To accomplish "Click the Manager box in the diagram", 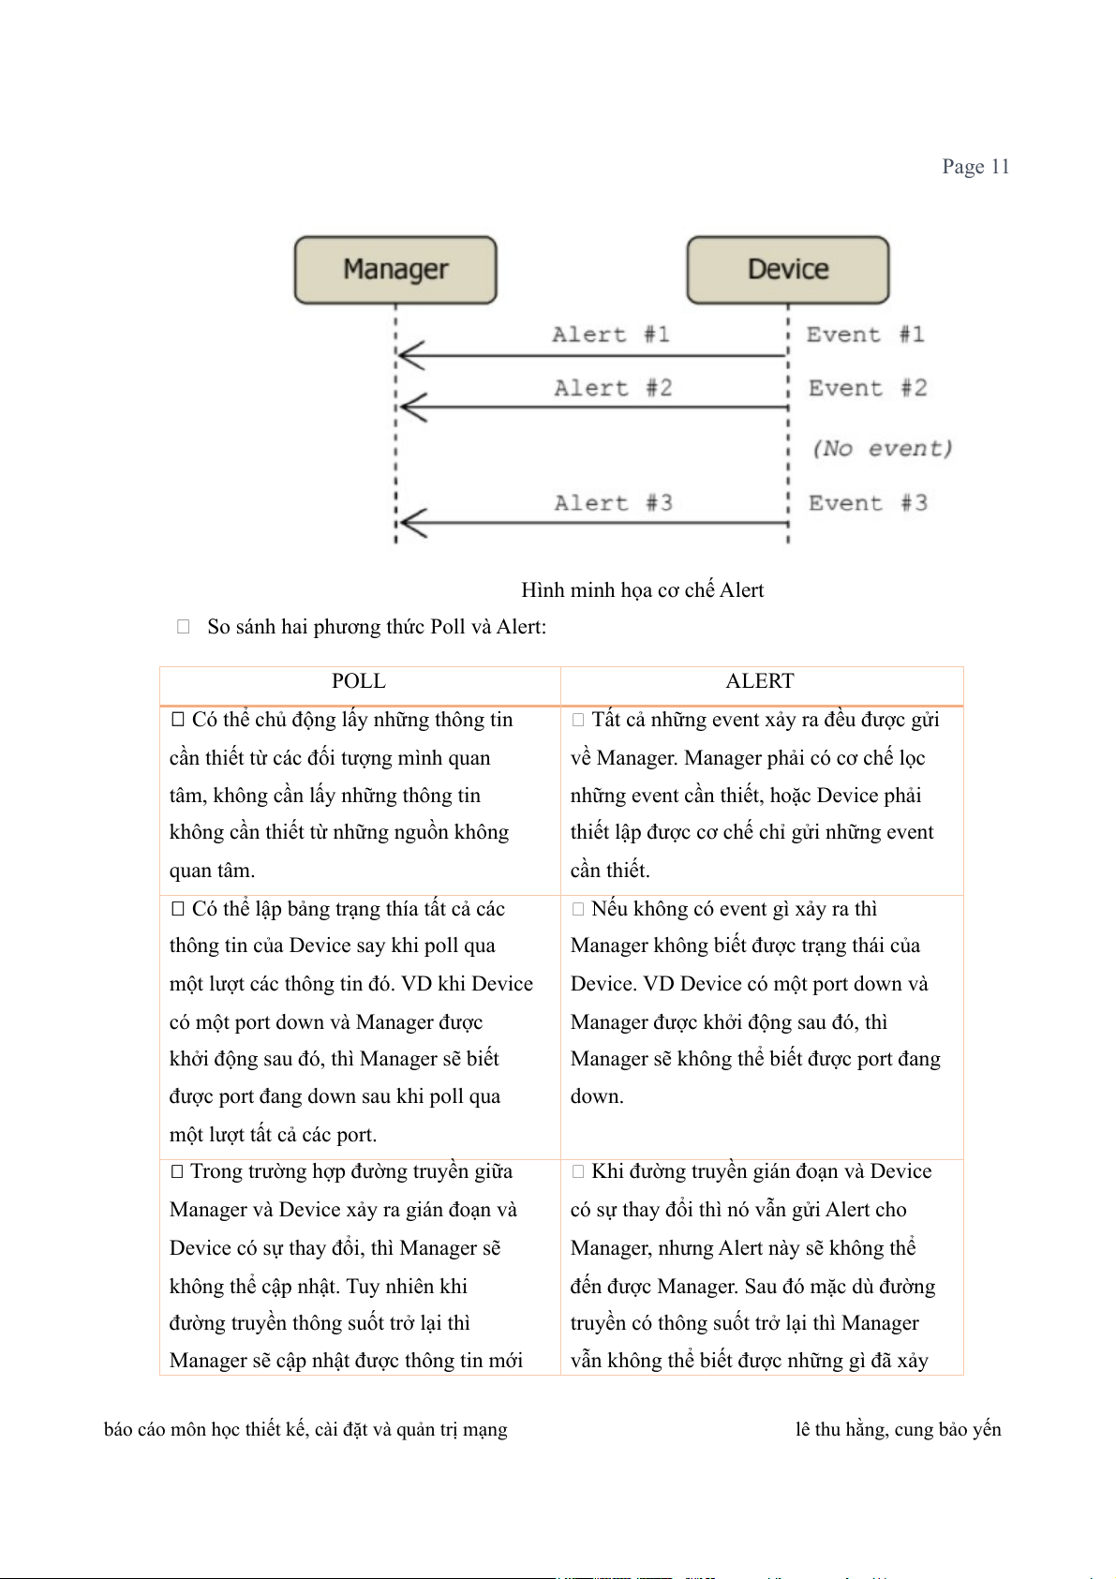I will [395, 270].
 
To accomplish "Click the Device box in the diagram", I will [788, 270].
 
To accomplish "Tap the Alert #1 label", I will [611, 335].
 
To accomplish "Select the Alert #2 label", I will [613, 388].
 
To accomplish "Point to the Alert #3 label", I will [613, 503].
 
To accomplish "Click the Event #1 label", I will [866, 335].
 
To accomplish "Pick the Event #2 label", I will [868, 388].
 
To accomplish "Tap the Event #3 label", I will [868, 503].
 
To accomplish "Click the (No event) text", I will [882, 449].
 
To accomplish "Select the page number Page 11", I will [975, 167].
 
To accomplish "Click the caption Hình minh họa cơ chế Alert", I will [642, 590].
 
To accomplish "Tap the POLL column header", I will [359, 681].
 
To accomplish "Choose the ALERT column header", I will [760, 681].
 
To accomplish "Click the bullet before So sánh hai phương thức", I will [184, 627].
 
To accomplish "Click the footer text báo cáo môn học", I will [305, 1430].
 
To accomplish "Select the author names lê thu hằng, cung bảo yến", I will [898, 1430].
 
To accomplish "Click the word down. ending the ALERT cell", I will [597, 1096].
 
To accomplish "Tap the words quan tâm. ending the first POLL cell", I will [212, 871].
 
